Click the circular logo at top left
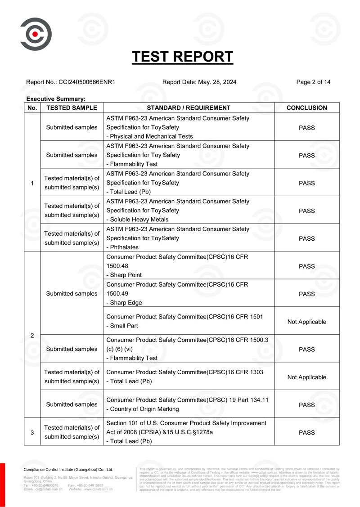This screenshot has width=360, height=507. click(36, 34)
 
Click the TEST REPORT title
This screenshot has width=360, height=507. click(182, 57)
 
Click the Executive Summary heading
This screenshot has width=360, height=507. click(56, 99)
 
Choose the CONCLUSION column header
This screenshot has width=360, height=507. click(306, 108)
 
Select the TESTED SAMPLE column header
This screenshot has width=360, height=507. click(72, 108)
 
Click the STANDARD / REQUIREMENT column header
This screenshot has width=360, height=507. click(189, 108)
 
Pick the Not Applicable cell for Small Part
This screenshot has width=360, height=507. click(306, 322)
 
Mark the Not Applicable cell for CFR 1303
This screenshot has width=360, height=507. click(306, 377)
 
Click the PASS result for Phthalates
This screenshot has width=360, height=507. click(306, 238)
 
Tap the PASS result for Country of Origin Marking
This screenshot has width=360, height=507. click(306, 405)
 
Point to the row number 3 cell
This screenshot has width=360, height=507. click(32, 432)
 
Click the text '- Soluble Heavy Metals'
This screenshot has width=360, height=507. click(137, 220)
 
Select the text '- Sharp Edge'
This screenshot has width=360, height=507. click(124, 303)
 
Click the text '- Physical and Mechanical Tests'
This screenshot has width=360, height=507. click(149, 136)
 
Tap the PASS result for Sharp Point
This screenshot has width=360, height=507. click(306, 266)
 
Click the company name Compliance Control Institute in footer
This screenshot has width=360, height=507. click(68, 470)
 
